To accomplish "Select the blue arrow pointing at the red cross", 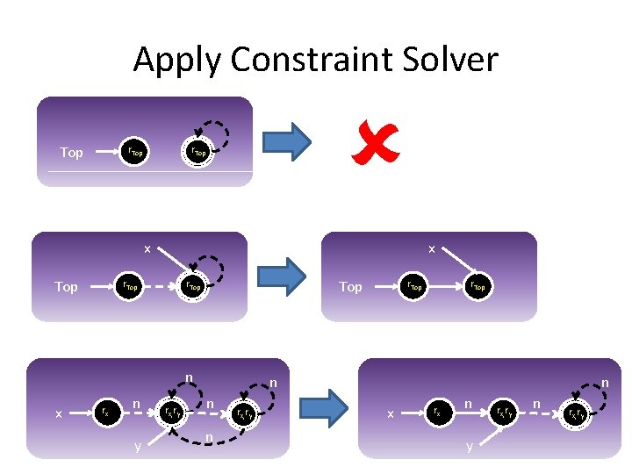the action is [x=288, y=141].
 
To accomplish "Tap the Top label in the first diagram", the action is [x=71, y=153].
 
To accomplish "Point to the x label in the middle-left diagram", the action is [x=147, y=249].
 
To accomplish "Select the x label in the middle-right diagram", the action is [x=431, y=249].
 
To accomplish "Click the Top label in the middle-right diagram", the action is [x=350, y=287].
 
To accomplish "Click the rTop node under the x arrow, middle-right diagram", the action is [x=478, y=285].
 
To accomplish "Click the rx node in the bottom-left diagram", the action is [x=105, y=410].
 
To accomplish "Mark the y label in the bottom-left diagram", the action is [x=137, y=446].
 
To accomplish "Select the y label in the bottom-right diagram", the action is [x=469, y=446].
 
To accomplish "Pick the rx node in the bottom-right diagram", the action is [x=437, y=410].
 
